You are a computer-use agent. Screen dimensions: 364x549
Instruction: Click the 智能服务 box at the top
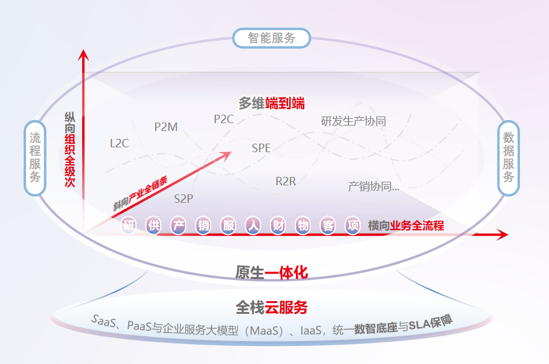[272, 38]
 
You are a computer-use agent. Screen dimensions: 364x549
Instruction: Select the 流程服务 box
[34, 158]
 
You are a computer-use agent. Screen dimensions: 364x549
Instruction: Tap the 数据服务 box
[509, 158]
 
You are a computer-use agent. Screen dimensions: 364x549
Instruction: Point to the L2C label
[119, 144]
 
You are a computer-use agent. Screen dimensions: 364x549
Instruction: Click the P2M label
[166, 127]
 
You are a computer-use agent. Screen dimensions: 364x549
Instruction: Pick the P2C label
[223, 119]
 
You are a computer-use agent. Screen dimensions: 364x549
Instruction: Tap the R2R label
[286, 181]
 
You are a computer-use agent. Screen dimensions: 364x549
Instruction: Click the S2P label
[184, 198]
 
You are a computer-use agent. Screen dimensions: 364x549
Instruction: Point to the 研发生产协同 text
[353, 121]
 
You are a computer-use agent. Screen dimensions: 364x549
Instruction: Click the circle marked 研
[129, 226]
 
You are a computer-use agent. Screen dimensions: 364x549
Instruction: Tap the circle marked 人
[254, 226]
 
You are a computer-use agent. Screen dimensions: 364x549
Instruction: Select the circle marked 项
[353, 226]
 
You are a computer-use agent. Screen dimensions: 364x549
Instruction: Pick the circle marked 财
[278, 226]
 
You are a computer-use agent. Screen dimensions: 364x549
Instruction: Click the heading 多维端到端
[271, 103]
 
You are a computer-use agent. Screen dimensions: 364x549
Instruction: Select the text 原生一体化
[271, 272]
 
